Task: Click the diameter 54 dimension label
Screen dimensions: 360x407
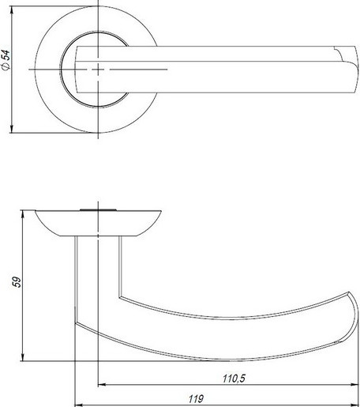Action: [x=6, y=60]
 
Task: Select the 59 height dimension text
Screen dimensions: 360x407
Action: [x=17, y=282]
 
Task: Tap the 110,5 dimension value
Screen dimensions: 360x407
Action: [x=234, y=379]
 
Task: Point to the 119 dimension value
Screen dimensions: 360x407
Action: [x=196, y=399]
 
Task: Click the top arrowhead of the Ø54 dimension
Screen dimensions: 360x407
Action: [x=12, y=10]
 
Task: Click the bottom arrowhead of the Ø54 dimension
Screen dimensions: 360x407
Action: [x=12, y=129]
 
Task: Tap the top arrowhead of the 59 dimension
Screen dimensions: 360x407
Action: [x=23, y=214]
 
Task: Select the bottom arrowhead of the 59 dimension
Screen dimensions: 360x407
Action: [x=23, y=357]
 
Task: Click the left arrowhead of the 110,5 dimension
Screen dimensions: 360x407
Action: [x=102, y=385]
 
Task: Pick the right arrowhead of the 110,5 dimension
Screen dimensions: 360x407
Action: [x=355, y=385]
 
